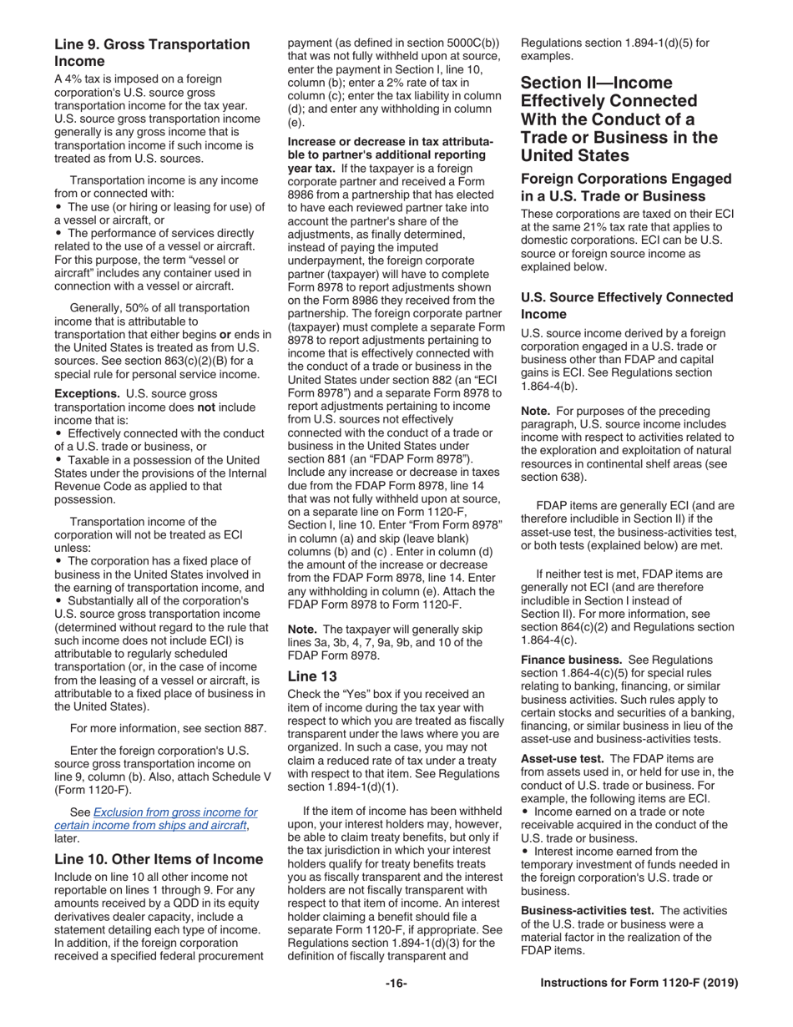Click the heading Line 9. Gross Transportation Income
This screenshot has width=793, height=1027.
(x=151, y=53)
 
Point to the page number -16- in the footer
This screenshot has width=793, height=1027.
(x=396, y=984)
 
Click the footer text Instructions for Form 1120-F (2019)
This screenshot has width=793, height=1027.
(x=639, y=984)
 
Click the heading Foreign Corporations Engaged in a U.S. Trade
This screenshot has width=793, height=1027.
(x=626, y=188)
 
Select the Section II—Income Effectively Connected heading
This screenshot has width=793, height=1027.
(x=619, y=119)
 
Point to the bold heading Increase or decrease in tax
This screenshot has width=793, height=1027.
(x=390, y=149)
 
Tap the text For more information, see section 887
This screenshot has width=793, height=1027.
(x=169, y=728)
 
